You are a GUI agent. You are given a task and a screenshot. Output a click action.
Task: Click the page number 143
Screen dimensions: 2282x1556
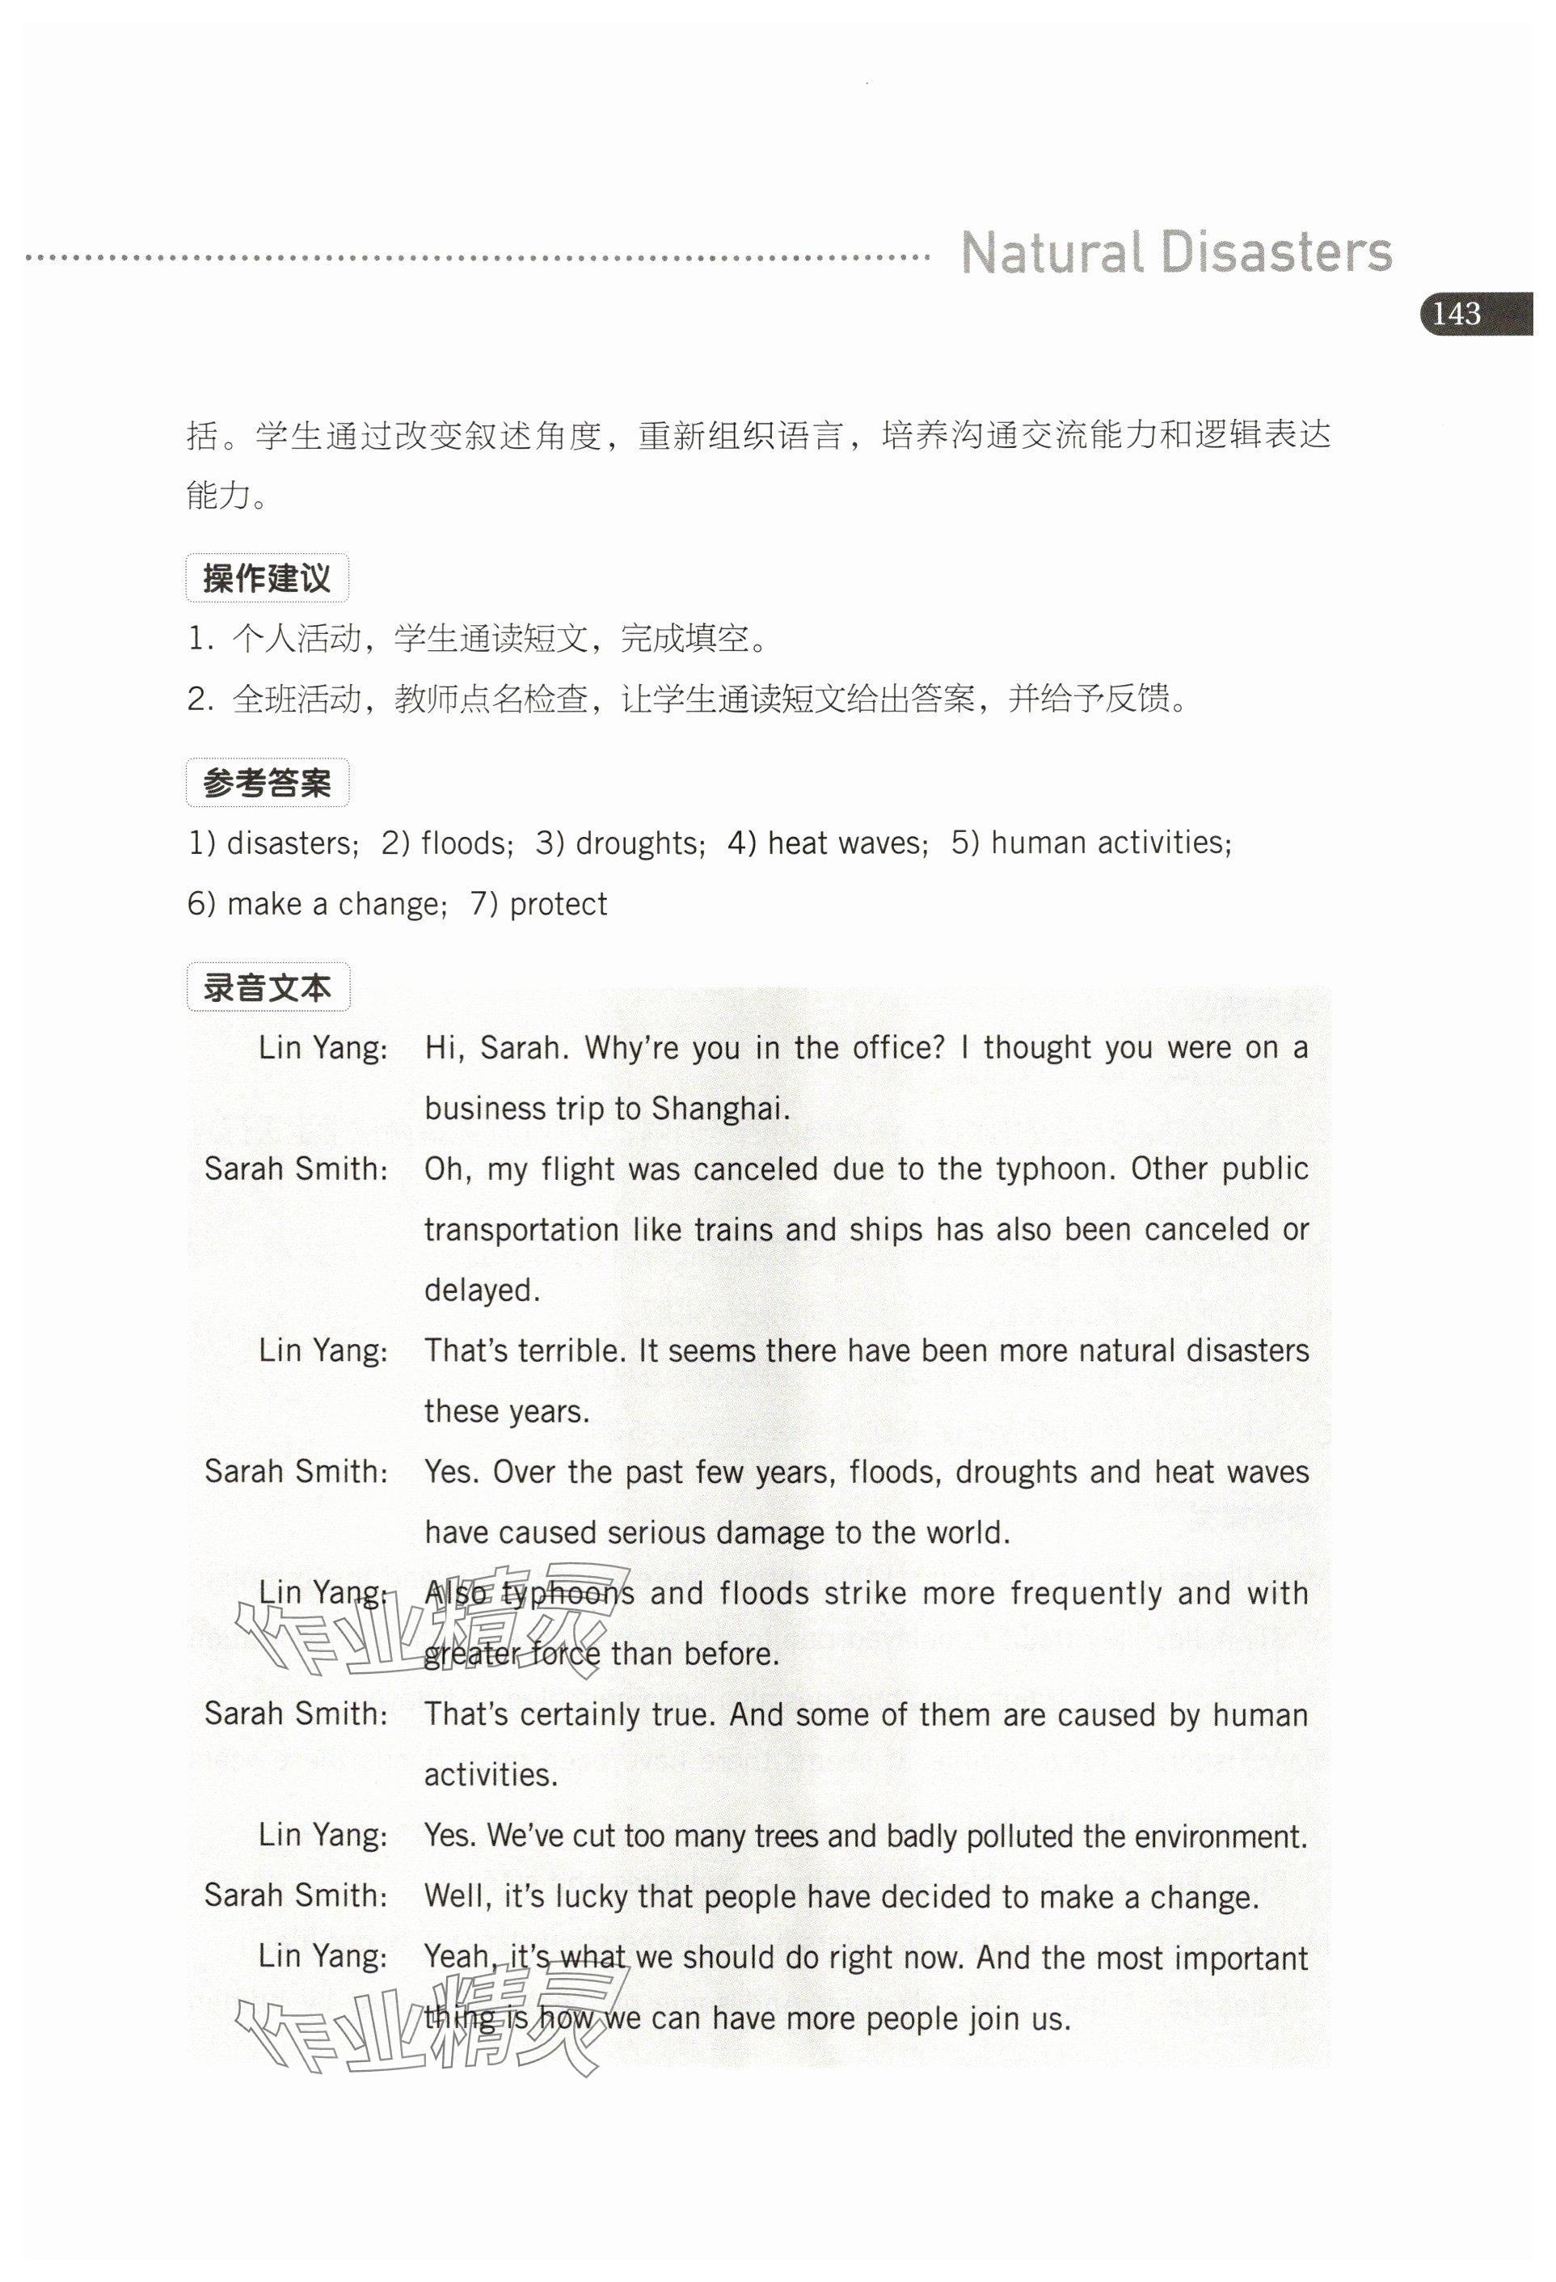[1456, 315]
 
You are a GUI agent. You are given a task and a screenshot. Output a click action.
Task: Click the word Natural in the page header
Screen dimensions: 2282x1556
[1052, 252]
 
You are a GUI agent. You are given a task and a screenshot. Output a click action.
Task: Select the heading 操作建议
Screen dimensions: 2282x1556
[266, 578]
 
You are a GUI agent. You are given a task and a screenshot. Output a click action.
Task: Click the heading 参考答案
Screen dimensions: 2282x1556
[266, 783]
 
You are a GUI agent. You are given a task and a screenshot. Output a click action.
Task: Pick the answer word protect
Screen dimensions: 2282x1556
[559, 903]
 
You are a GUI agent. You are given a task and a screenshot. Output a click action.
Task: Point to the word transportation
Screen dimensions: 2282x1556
[521, 1229]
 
